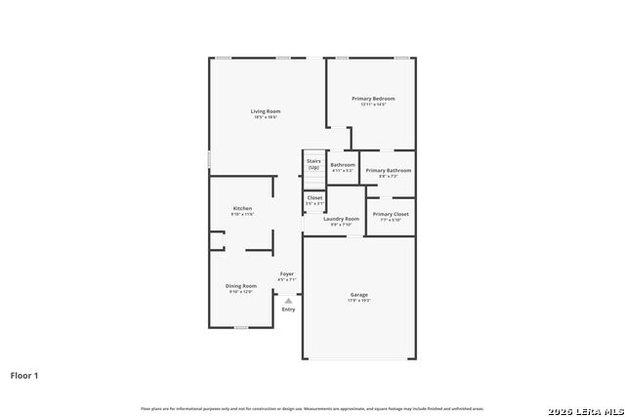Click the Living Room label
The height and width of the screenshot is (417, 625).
click(266, 111)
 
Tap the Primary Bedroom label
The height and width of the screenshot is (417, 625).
click(373, 99)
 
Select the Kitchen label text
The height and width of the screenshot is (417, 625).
click(242, 208)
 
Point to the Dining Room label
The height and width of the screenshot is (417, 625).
click(241, 285)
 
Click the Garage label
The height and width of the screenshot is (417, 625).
click(359, 294)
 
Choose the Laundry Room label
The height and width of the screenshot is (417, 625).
click(342, 219)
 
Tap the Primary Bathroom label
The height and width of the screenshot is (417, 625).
click(388, 171)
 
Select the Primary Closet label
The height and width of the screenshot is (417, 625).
click(391, 213)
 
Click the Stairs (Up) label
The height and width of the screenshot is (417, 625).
click(313, 164)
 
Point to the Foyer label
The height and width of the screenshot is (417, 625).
click(287, 273)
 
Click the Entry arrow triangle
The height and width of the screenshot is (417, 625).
click(288, 301)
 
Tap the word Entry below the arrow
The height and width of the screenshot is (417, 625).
click(288, 310)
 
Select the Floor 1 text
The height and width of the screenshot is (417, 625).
click(24, 375)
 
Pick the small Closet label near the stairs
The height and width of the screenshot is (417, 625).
click(314, 197)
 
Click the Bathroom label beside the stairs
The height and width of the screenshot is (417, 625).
click(343, 164)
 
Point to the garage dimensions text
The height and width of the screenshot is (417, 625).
click(359, 301)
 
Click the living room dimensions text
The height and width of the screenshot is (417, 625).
click(266, 117)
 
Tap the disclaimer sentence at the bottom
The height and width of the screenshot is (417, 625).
click(312, 408)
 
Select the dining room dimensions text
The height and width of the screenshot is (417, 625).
click(241, 292)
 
